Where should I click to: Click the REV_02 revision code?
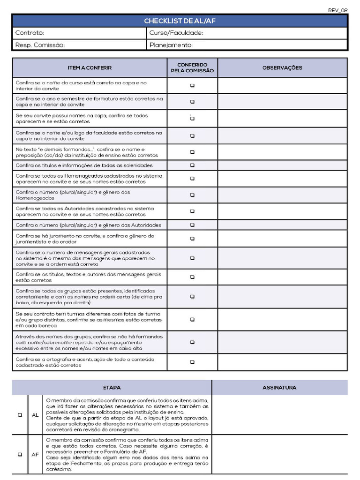pos(337,10)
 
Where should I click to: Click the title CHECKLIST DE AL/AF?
pos(180,21)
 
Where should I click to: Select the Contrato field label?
pos(30,33)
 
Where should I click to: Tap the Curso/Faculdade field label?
pos(176,33)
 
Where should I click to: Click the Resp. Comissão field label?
pos(40,45)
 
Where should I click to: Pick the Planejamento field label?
pos(171,45)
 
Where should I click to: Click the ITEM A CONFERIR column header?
pos(90,68)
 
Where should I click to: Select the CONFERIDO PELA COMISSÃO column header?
pos(192,68)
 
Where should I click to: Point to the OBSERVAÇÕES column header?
pos(282,68)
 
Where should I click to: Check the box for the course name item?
pos(192,86)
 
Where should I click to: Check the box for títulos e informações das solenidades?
pos(192,165)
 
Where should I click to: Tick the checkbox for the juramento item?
pos(192,239)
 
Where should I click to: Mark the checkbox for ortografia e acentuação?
pos(192,362)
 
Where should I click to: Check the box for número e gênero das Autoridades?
pos(192,225)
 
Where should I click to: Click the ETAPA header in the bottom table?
pos(112,388)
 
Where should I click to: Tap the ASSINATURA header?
pos(279,388)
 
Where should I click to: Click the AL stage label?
pos(35,415)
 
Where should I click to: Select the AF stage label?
pos(35,454)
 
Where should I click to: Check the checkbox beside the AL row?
pos(20,415)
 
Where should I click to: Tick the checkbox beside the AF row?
pos(20,454)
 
